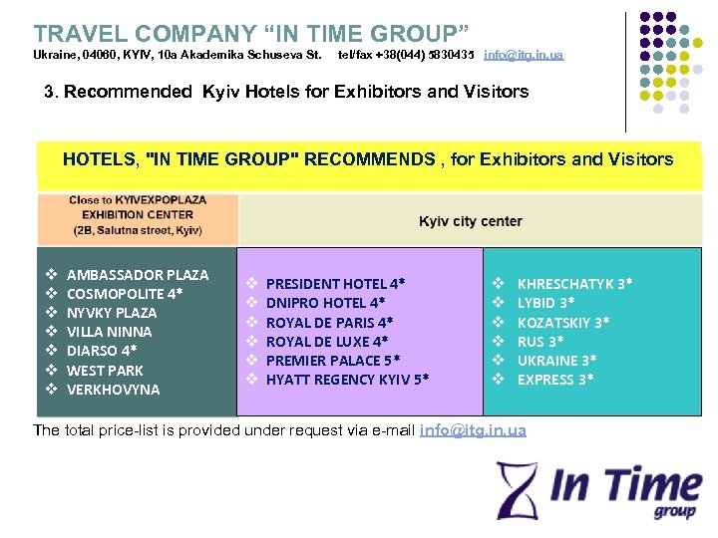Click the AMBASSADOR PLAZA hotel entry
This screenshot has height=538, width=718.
tap(138, 274)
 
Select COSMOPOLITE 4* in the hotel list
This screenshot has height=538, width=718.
tap(124, 293)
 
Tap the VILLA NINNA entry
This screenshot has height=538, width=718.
tap(109, 332)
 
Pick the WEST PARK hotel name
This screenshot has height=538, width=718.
tap(105, 370)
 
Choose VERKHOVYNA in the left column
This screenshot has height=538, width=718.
tap(113, 390)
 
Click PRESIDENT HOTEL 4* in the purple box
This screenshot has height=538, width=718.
tap(335, 284)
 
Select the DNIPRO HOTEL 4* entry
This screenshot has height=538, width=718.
tap(325, 303)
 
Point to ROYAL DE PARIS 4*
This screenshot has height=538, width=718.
tap(329, 322)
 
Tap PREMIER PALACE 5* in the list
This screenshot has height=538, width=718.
tap(333, 360)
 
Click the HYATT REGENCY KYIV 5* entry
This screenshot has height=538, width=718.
tap(347, 379)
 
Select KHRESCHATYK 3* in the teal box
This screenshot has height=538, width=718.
tap(574, 284)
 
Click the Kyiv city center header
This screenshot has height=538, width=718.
tap(470, 221)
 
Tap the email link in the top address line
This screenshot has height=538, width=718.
tap(523, 54)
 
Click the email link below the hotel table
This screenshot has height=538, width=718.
tap(473, 430)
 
